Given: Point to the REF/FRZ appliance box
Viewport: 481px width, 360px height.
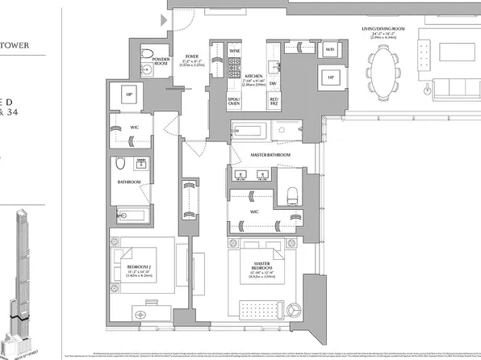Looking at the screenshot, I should tap(274, 103).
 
